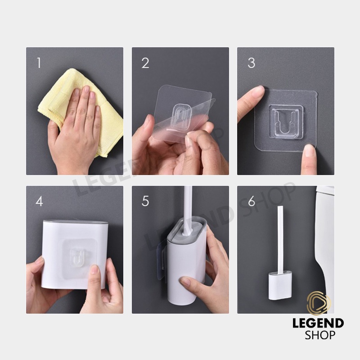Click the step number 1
(39, 63)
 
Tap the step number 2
(145, 63)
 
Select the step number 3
(252, 63)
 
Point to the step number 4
(39, 201)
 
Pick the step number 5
(145, 201)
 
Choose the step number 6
(252, 201)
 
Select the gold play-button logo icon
(319, 303)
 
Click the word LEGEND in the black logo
(318, 324)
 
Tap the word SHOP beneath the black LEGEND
(320, 335)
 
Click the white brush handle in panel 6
(280, 239)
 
